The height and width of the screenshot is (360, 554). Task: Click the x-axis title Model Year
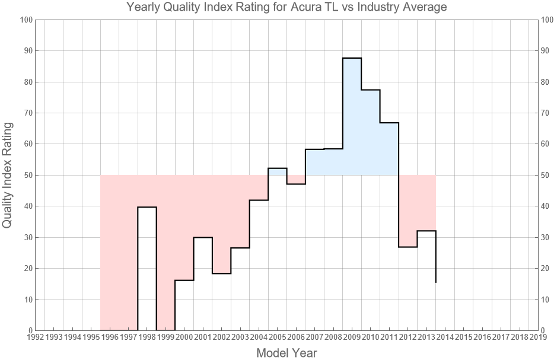286,353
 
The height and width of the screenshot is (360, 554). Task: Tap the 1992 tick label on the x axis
35,337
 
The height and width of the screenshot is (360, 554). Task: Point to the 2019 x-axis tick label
538,337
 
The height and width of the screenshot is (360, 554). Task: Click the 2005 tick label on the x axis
277,337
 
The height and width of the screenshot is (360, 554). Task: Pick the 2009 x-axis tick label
352,337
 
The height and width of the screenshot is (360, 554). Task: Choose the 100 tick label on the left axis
25,20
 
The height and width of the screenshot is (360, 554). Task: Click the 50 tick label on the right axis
547,175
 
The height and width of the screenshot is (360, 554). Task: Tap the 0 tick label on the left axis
29,330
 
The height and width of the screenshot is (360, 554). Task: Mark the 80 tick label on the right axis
547,82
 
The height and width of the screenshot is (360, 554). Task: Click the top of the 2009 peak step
352,58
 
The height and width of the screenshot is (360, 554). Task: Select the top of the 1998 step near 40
147,207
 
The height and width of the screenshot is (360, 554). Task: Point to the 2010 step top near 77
370,90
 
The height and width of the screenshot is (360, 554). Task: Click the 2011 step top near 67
389,123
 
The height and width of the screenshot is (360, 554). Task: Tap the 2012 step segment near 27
407,247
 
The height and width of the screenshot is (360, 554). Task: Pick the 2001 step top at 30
203,237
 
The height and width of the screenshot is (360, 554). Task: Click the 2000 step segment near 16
184,280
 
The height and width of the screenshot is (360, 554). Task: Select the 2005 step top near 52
277,168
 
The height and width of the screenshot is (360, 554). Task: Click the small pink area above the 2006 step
296,179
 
